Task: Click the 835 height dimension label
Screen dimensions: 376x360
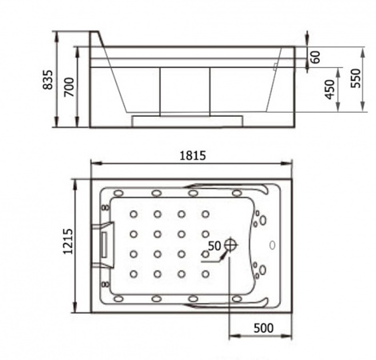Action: click(x=48, y=79)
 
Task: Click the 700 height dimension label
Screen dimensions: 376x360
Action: click(x=69, y=87)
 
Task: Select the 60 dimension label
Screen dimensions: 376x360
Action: click(x=315, y=57)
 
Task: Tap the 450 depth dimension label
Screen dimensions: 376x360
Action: click(x=330, y=90)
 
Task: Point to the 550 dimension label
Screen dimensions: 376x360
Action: click(x=356, y=78)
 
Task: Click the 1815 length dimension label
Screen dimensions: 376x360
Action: click(x=193, y=155)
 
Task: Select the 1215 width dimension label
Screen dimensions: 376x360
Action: click(x=68, y=242)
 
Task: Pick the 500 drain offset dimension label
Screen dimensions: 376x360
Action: click(x=263, y=328)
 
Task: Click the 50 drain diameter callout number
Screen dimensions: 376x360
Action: click(x=214, y=246)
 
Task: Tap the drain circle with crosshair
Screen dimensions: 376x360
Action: click(x=230, y=245)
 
